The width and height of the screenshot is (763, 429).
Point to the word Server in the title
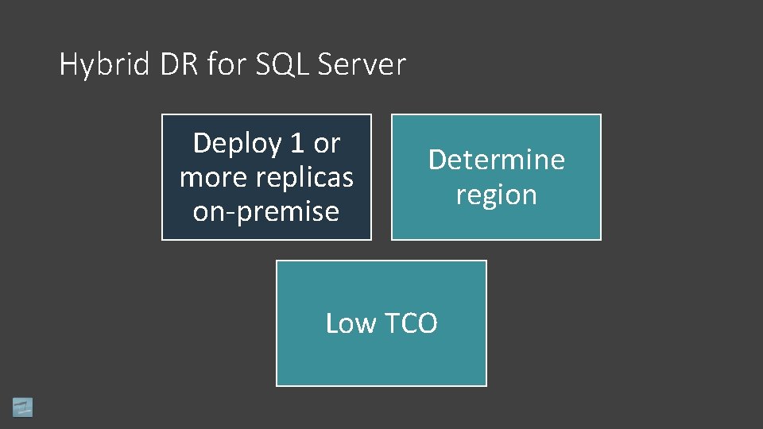pyautogui.click(x=362, y=64)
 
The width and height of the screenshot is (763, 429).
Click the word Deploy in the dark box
pyautogui.click(x=237, y=144)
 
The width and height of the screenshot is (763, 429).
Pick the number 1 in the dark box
pyautogui.click(x=297, y=144)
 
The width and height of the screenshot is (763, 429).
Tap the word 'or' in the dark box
pyautogui.click(x=327, y=144)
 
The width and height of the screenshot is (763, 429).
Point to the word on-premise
pyautogui.click(x=266, y=212)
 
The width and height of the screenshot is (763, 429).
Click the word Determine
pyautogui.click(x=496, y=160)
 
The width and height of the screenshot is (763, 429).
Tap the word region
pyautogui.click(x=496, y=195)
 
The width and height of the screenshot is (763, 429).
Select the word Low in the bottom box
pyautogui.click(x=351, y=323)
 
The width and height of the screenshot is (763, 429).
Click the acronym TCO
pyautogui.click(x=411, y=323)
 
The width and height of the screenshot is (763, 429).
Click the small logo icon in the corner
pyautogui.click(x=22, y=407)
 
